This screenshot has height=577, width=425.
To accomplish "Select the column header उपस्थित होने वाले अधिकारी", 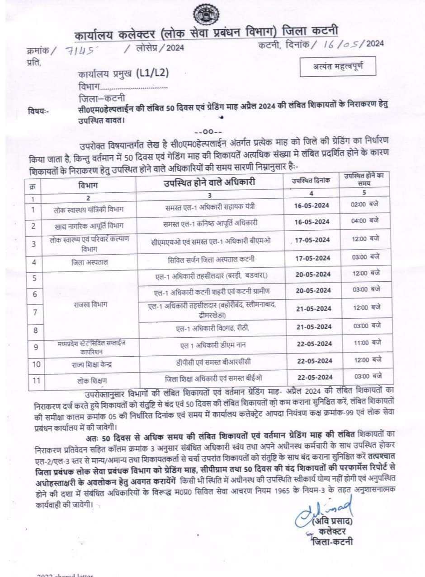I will point(209,182).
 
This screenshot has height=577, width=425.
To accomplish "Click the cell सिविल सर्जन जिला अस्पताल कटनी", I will point(209,259).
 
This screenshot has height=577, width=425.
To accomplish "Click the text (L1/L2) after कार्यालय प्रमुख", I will point(155,74).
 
